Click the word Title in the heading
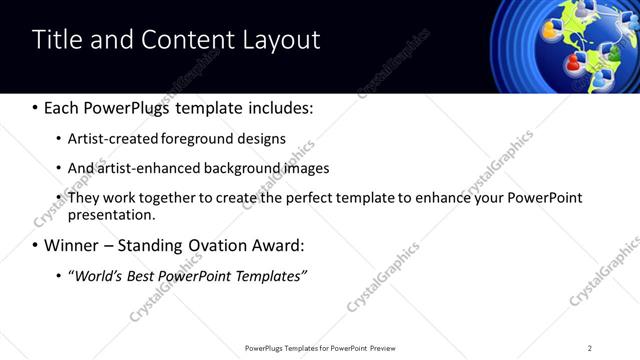click(57, 39)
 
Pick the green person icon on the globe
click(614, 51)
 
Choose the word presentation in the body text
click(110, 215)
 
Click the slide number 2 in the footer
click(590, 348)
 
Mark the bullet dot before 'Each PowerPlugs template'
click(36, 107)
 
